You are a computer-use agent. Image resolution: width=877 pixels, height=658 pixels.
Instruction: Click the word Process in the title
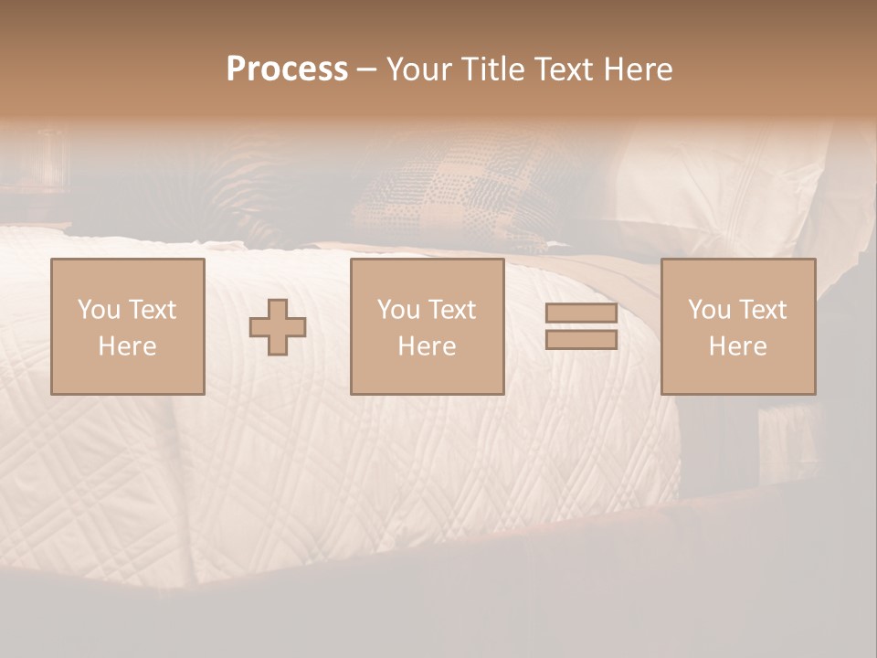coord(287,69)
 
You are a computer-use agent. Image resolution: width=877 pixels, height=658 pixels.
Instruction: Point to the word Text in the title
coord(565,69)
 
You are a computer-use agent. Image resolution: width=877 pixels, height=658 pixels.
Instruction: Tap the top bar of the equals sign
coord(581,313)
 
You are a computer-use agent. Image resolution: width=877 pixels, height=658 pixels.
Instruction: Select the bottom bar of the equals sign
coord(581,340)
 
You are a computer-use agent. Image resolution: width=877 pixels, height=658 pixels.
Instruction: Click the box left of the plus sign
coord(128,326)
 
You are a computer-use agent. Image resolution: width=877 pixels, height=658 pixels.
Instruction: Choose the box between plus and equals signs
coord(428,326)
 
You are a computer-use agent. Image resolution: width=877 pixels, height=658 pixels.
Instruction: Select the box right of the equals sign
coord(738,326)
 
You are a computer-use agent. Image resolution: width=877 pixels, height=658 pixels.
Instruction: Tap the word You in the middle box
coord(398,310)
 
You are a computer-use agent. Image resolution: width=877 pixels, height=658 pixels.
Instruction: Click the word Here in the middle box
coord(428,346)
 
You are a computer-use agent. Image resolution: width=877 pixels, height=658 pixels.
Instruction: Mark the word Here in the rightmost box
coord(738,346)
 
